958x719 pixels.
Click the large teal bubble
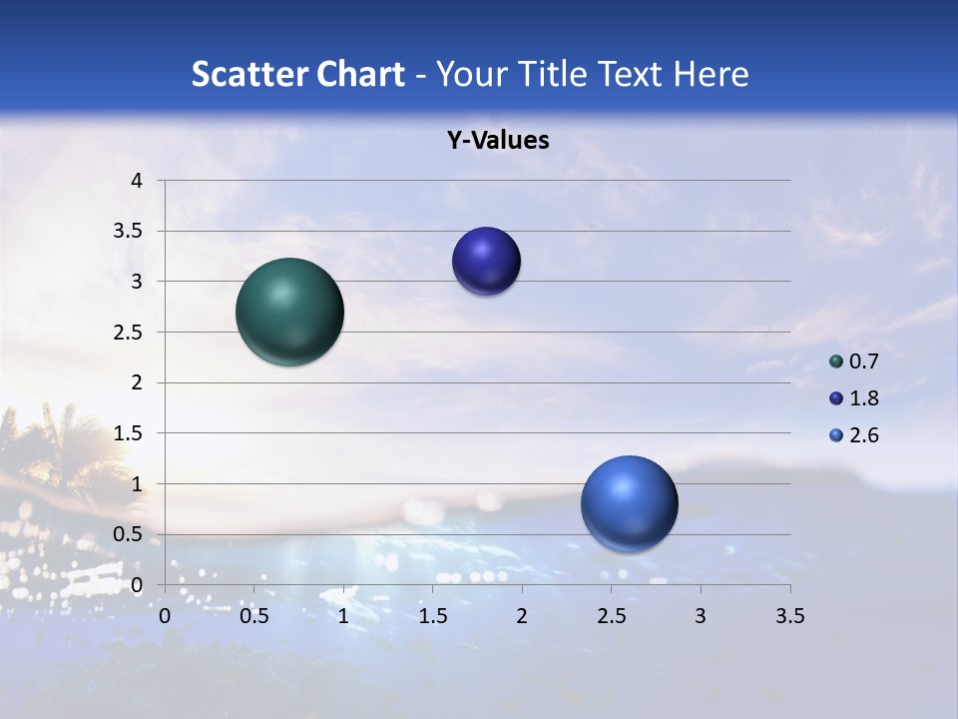[x=290, y=312]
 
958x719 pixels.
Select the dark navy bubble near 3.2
[x=486, y=261]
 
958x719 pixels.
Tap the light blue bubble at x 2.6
[x=629, y=503]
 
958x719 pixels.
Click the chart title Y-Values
[x=498, y=141]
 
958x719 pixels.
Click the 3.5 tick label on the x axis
[x=789, y=616]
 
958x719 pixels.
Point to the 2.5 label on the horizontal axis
[x=611, y=616]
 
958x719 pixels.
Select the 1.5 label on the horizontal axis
[x=432, y=616]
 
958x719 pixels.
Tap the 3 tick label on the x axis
[x=701, y=616]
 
